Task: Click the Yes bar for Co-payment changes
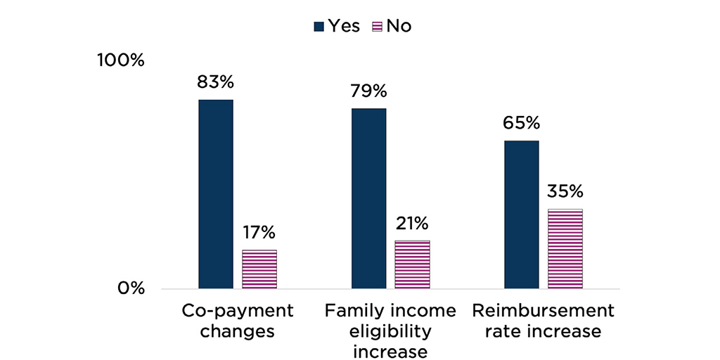pyautogui.click(x=216, y=194)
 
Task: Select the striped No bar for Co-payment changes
pyautogui.click(x=259, y=269)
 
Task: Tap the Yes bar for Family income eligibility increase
pyautogui.click(x=369, y=198)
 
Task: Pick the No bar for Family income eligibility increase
pyautogui.click(x=412, y=264)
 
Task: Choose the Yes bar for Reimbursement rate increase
pyautogui.click(x=522, y=214)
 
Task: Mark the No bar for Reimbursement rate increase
pyautogui.click(x=565, y=249)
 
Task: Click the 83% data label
pyautogui.click(x=215, y=82)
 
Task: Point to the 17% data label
pyautogui.click(x=259, y=232)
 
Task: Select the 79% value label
pyautogui.click(x=368, y=91)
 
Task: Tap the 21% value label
pyautogui.click(x=411, y=224)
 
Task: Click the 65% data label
pyautogui.click(x=521, y=123)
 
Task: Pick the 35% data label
pyautogui.click(x=565, y=191)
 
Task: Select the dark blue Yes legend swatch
pyautogui.click(x=319, y=27)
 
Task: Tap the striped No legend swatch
pyautogui.click(x=376, y=27)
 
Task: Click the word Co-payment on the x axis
pyautogui.click(x=238, y=311)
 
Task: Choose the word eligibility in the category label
pyautogui.click(x=390, y=331)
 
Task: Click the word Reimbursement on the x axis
pyautogui.click(x=543, y=311)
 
